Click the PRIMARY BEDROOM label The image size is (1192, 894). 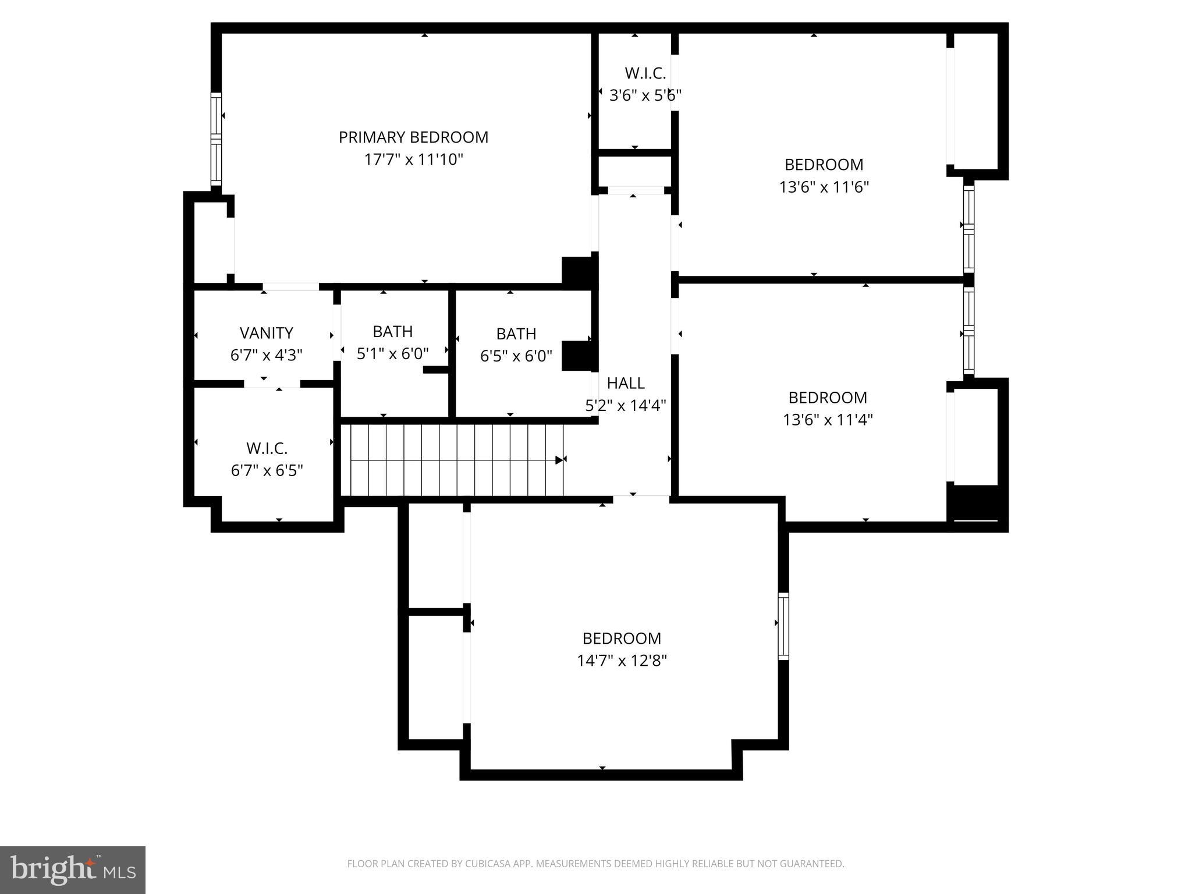pyautogui.click(x=413, y=137)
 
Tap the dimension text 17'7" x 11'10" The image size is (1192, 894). pyautogui.click(x=413, y=159)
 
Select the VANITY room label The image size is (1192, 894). pyautogui.click(x=266, y=333)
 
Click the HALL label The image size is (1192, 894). pyautogui.click(x=626, y=383)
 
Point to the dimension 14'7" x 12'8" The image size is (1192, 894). pyautogui.click(x=622, y=661)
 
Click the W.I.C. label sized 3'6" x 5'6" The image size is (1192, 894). pyautogui.click(x=645, y=73)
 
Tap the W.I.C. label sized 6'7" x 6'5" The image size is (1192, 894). pyautogui.click(x=267, y=449)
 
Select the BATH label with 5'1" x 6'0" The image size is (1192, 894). pyautogui.click(x=393, y=332)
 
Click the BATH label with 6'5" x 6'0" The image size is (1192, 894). pyautogui.click(x=516, y=334)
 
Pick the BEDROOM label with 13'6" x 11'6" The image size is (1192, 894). pyautogui.click(x=824, y=165)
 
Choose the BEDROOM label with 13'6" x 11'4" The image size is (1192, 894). pyautogui.click(x=828, y=398)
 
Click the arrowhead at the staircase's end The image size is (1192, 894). pyautogui.click(x=559, y=460)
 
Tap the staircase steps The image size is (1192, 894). pyautogui.click(x=451, y=460)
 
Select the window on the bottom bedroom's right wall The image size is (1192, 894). pyautogui.click(x=783, y=626)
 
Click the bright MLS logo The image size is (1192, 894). pyautogui.click(x=73, y=870)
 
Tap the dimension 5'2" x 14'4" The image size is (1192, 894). pyautogui.click(x=626, y=406)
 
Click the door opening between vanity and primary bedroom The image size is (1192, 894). pyautogui.click(x=290, y=286)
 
